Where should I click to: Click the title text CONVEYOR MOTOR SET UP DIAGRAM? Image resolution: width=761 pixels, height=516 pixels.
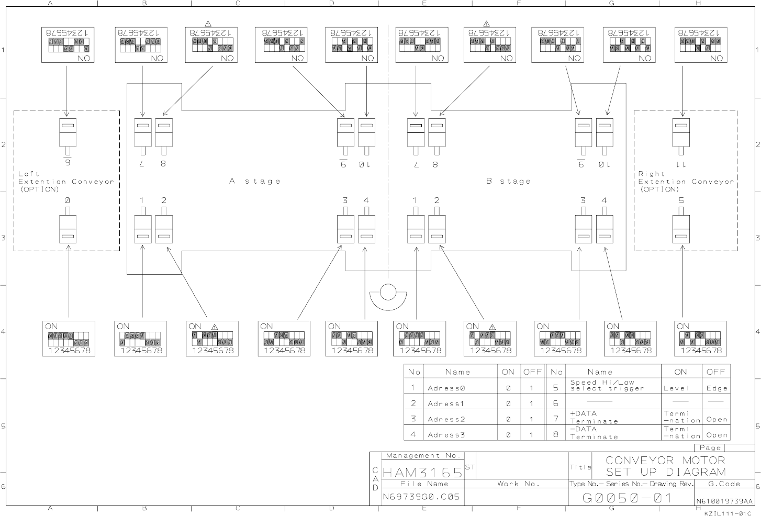tap(665, 466)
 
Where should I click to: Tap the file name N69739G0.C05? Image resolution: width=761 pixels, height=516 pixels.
tap(421, 497)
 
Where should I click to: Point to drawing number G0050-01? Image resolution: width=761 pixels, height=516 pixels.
tap(627, 498)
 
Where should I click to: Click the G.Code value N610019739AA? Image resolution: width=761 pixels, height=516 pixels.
tap(724, 501)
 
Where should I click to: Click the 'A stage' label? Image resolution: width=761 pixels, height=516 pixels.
tap(255, 181)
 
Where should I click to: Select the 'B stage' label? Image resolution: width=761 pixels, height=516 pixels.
tap(508, 181)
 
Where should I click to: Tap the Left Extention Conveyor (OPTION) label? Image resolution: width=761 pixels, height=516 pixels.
tap(65, 182)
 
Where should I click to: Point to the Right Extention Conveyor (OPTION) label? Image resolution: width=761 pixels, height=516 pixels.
tap(686, 182)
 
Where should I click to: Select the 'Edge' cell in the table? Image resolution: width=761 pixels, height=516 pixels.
tap(717, 388)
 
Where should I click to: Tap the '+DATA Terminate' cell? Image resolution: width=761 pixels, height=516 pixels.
tap(594, 417)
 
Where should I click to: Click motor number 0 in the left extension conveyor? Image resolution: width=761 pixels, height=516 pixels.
tap(68, 200)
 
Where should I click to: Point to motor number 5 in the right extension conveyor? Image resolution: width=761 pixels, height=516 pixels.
tap(681, 200)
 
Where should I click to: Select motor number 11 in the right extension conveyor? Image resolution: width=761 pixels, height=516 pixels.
tap(681, 164)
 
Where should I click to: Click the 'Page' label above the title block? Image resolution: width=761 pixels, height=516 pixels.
tap(710, 448)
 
